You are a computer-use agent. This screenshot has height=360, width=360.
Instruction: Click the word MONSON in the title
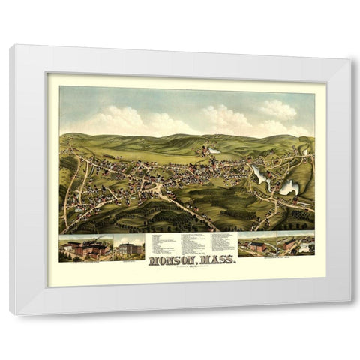pos(175,262)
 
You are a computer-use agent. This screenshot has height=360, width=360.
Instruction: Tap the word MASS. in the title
pos(217,262)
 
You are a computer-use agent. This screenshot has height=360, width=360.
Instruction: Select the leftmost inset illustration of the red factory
pos(85,247)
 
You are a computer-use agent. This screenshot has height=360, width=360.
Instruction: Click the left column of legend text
pos(162,243)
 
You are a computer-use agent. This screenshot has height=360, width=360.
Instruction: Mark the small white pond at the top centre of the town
pos(214,151)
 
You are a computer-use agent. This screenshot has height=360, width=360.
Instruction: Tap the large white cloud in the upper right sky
pos(277,111)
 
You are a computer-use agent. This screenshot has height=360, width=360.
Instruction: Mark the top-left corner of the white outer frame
pos(10,46)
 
